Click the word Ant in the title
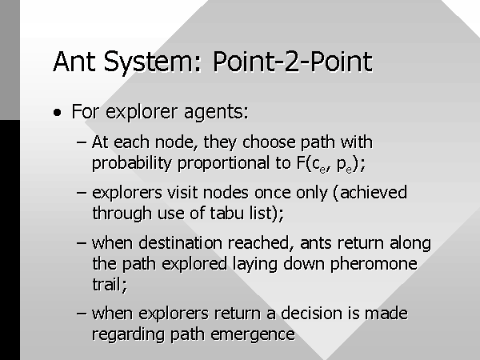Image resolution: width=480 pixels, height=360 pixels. click(x=74, y=62)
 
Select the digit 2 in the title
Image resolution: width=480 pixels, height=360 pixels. click(x=292, y=62)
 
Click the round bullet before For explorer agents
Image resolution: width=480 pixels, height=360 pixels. click(x=57, y=112)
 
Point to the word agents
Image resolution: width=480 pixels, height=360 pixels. click(x=216, y=112)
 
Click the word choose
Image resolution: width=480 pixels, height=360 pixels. click(x=269, y=142)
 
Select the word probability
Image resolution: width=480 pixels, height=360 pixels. click(x=132, y=163)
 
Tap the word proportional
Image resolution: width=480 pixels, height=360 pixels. click(x=223, y=163)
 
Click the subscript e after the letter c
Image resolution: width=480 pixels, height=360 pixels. click(x=322, y=170)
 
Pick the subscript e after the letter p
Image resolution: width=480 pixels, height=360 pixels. click(x=349, y=170)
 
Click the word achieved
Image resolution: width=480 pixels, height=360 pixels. click(x=373, y=193)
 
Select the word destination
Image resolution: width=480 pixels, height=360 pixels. click(x=180, y=242)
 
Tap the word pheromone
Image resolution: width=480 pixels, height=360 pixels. click(x=374, y=264)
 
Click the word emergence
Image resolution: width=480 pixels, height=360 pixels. click(x=253, y=334)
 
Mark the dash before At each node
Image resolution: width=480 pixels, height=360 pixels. click(x=82, y=142)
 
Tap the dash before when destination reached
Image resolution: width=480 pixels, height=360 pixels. click(x=82, y=243)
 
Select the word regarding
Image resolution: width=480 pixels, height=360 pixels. click(x=128, y=334)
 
